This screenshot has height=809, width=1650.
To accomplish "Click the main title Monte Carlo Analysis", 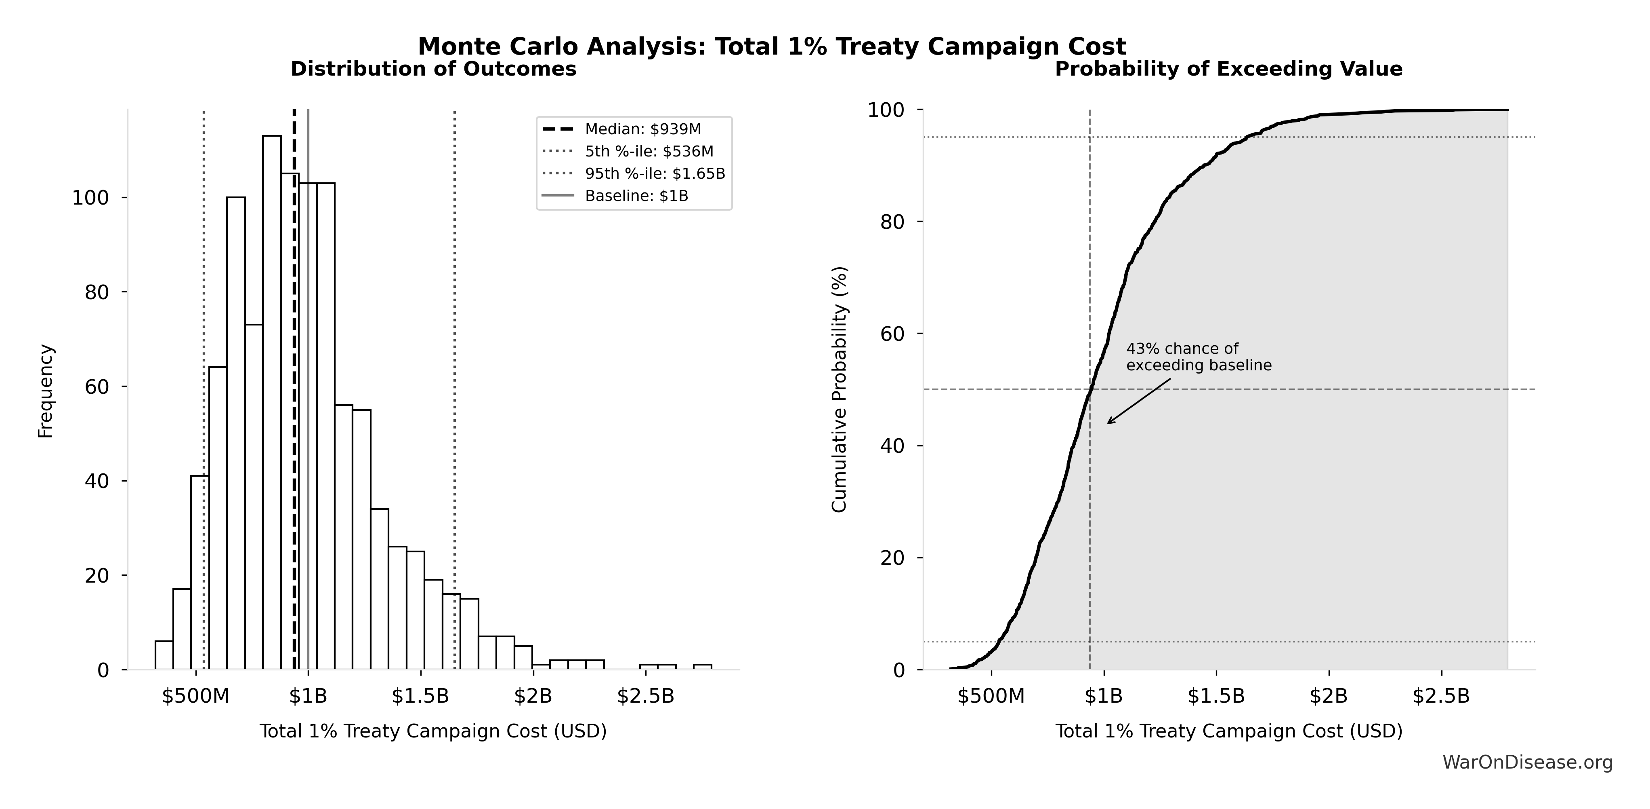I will [x=771, y=47].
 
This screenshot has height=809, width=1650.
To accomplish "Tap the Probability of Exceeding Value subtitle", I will [x=1228, y=69].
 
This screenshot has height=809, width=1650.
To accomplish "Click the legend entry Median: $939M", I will [x=642, y=129].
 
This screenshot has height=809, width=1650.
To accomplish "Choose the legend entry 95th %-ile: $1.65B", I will [x=655, y=174].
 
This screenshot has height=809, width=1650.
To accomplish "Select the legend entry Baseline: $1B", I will [x=636, y=196].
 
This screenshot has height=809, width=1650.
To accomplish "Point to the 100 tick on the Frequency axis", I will [x=90, y=198].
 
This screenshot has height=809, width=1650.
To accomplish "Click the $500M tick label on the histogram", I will [x=195, y=696].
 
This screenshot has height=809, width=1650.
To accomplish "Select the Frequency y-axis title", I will [x=46, y=391].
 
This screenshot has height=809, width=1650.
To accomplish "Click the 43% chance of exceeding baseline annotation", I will [x=1199, y=357].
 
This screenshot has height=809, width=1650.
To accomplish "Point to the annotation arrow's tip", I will [x=1108, y=423].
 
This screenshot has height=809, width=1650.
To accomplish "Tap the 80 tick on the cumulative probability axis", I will [x=892, y=222].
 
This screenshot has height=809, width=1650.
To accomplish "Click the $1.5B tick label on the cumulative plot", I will [x=1216, y=696].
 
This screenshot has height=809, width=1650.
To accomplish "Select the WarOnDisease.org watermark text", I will [x=1527, y=762].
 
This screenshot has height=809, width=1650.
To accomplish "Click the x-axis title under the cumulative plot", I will [x=1228, y=731].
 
